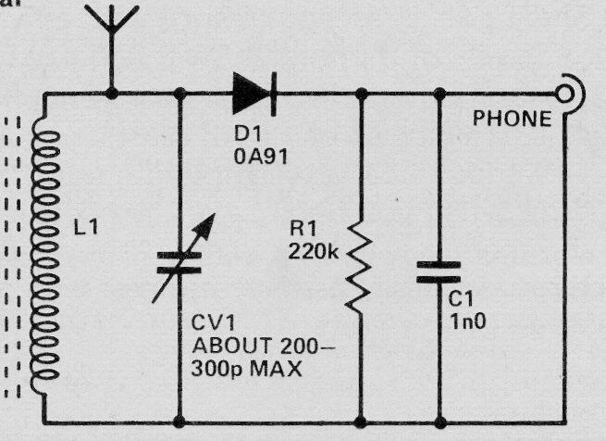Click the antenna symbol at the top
click(111, 28)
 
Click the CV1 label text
click(210, 327)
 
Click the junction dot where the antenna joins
click(112, 93)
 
